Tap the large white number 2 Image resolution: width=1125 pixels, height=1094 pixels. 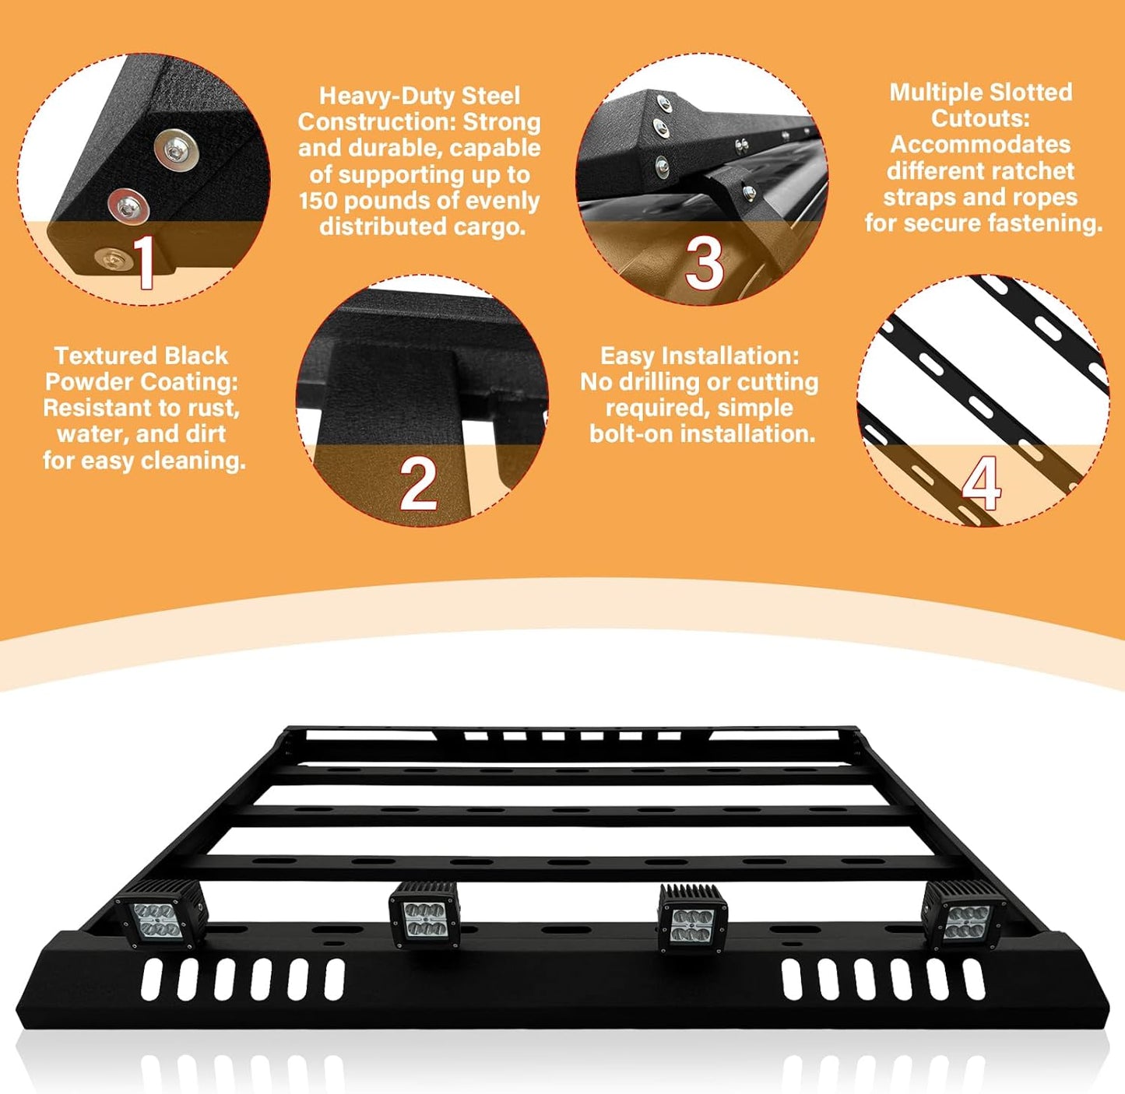pyautogui.click(x=418, y=484)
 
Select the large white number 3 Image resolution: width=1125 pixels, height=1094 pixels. pyautogui.click(x=704, y=264)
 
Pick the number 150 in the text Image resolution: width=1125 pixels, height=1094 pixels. pyautogui.click(x=325, y=201)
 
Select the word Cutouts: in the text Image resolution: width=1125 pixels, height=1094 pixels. pyautogui.click(x=981, y=118)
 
